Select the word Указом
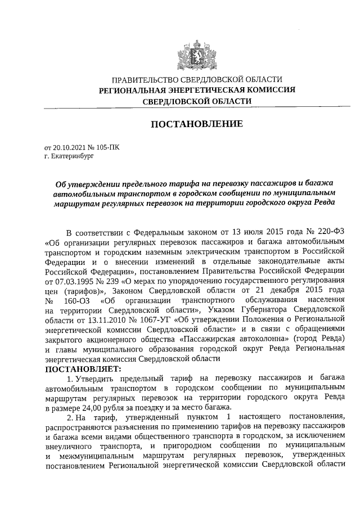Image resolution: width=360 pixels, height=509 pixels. pos(221,309)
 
